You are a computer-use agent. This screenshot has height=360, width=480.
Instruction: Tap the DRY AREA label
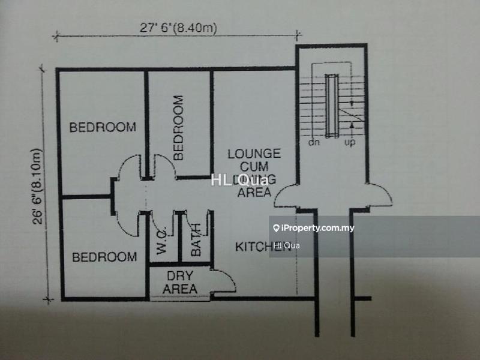coord(179,283)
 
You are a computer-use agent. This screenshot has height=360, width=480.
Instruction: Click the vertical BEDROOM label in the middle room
coord(179,128)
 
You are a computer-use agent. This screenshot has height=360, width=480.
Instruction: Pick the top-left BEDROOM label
coord(102,127)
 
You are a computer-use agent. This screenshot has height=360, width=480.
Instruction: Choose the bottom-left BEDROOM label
coord(104,257)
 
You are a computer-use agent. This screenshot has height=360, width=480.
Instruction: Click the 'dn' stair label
coord(314,143)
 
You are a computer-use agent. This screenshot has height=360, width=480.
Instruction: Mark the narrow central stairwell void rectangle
coord(331,106)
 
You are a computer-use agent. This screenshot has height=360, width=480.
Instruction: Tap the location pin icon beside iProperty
coord(276,228)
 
